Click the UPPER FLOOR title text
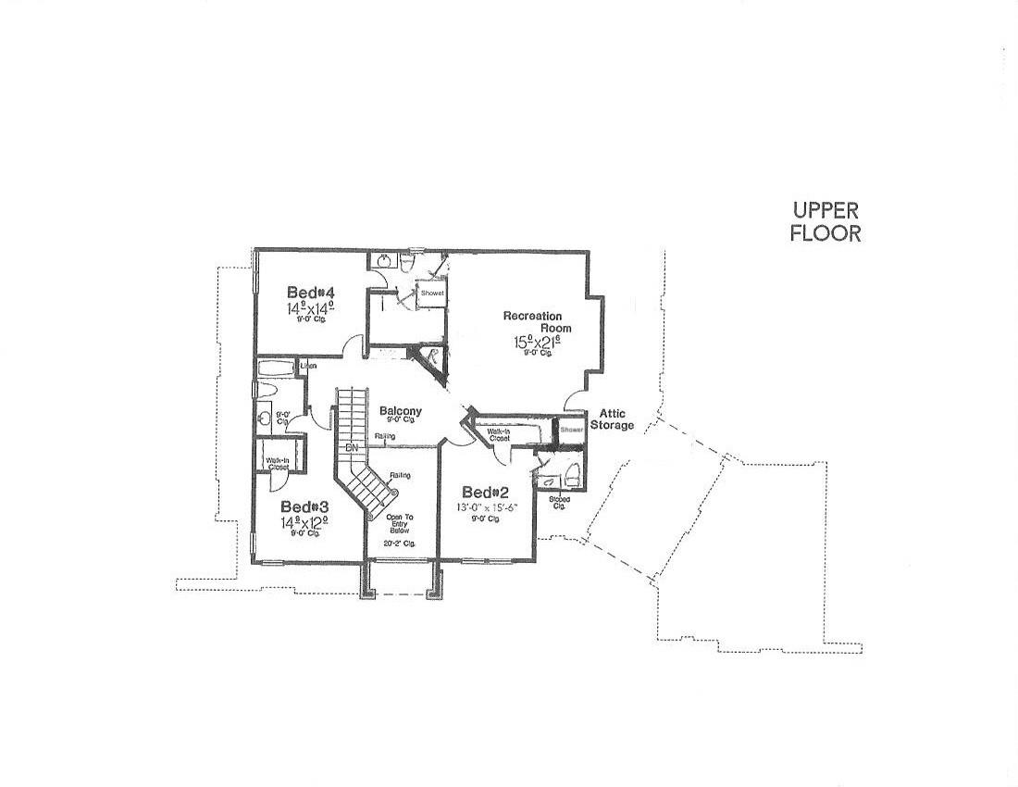tap(826, 222)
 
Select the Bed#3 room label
tap(305, 506)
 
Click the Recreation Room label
tap(537, 322)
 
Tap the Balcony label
tap(400, 411)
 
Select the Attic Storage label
tap(616, 419)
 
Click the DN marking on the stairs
tap(352, 448)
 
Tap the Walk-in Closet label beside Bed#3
tap(277, 464)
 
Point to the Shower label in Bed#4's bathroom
tap(432, 294)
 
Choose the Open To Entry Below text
tap(400, 523)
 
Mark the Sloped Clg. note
tap(559, 502)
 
